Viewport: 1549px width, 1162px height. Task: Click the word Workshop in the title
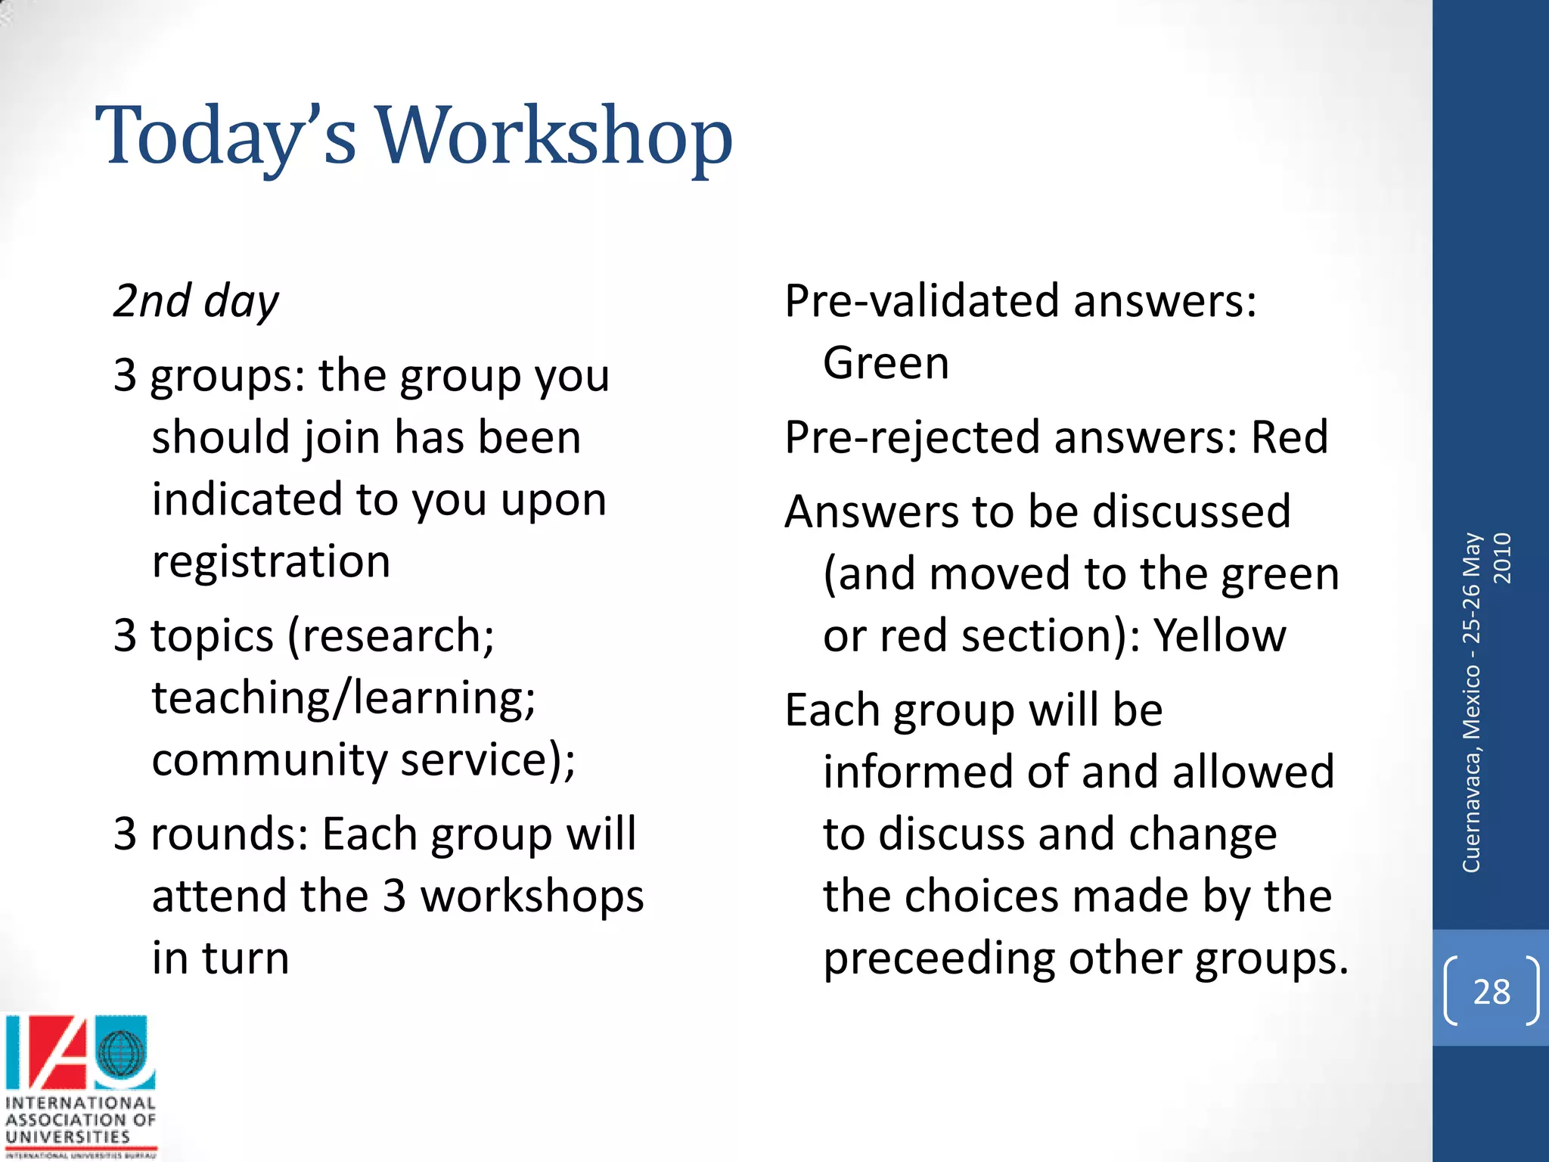(x=554, y=136)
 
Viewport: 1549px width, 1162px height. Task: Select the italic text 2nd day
(x=196, y=301)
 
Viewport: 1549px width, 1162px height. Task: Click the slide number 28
(x=1491, y=992)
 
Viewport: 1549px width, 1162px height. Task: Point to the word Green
(x=886, y=363)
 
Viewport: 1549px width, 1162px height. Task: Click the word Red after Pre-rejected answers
(x=1290, y=437)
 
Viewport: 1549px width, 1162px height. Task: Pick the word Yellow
(x=1219, y=635)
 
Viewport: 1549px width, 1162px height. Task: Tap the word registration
(x=271, y=562)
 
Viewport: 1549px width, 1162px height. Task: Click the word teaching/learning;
(x=344, y=698)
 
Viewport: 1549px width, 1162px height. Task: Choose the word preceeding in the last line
(x=939, y=958)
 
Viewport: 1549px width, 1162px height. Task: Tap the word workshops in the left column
(x=532, y=896)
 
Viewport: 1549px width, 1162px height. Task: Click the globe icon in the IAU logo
(x=120, y=1053)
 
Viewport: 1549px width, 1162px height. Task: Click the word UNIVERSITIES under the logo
(x=68, y=1137)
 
